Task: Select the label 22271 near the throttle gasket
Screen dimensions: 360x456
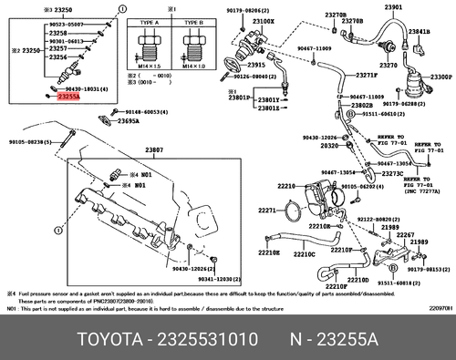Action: pos(265,211)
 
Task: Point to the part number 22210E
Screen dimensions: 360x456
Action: pos(268,252)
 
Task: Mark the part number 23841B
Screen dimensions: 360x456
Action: pos(420,31)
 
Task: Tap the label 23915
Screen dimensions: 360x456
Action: pos(258,65)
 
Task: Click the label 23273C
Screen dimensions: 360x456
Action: pos(392,173)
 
